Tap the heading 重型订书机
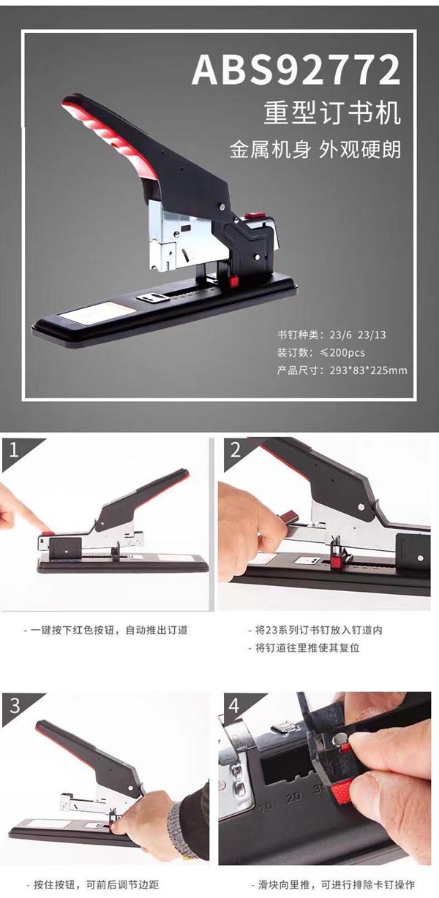332,113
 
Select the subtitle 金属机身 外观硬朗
315,150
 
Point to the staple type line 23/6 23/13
331,335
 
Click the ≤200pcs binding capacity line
321,352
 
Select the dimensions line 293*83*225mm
342,370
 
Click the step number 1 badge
15,450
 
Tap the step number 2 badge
236,450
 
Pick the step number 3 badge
15,705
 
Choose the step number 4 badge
234,705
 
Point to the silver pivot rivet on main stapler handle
222,207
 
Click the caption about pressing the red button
106,630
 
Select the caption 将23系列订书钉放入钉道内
315,630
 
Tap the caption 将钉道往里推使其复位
304,648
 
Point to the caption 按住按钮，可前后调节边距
93,885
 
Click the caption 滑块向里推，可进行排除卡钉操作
333,885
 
